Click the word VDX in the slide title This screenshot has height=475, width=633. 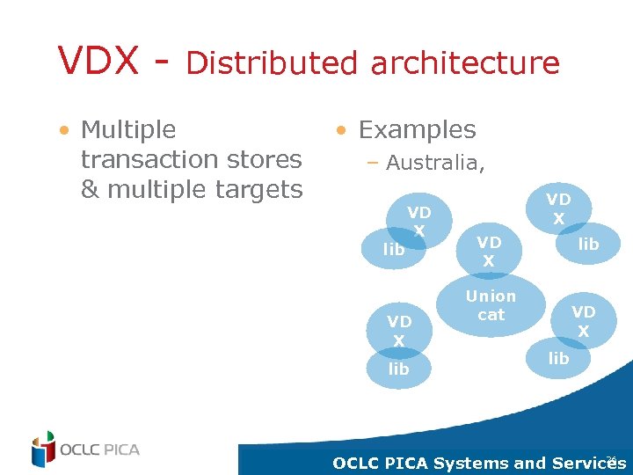pyautogui.click(x=98, y=62)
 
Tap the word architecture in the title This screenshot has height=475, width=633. pyautogui.click(x=465, y=63)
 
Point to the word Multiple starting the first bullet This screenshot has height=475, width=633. pyautogui.click(x=128, y=130)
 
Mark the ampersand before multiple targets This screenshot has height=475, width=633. pyautogui.click(x=90, y=189)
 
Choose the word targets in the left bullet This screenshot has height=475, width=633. pyautogui.click(x=258, y=189)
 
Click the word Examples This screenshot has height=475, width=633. pyautogui.click(x=417, y=130)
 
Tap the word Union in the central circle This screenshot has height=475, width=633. pyautogui.click(x=491, y=296)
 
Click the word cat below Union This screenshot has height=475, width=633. pyautogui.click(x=491, y=314)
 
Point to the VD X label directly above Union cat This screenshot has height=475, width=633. pyautogui.click(x=489, y=252)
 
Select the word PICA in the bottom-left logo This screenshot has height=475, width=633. pyautogui.click(x=119, y=449)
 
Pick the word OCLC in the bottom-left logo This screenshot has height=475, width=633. pyautogui.click(x=79, y=449)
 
